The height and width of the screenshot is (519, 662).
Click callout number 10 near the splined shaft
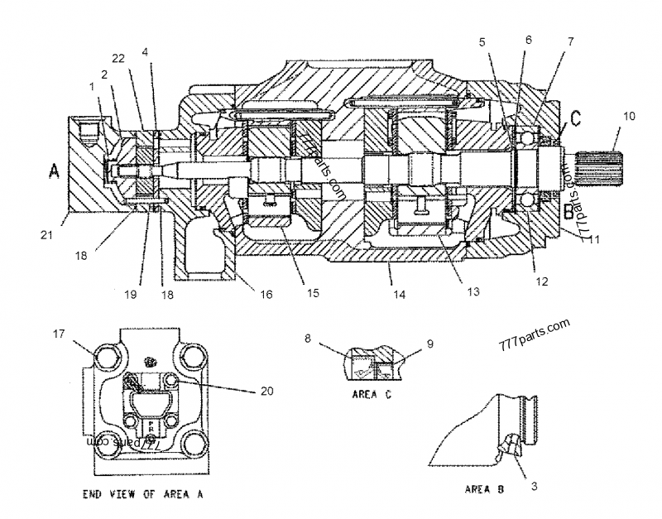pyautogui.click(x=630, y=116)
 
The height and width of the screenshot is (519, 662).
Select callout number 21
pyautogui.click(x=46, y=235)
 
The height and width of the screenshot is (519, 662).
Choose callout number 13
pyautogui.click(x=472, y=291)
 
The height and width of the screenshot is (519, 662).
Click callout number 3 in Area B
pyautogui.click(x=534, y=487)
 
